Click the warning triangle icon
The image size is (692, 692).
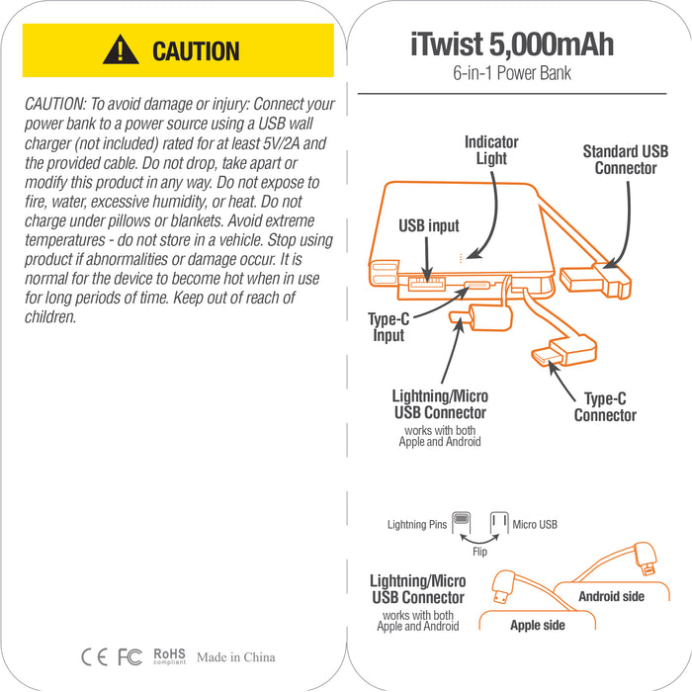click(121, 49)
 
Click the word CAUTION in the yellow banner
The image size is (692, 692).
click(196, 51)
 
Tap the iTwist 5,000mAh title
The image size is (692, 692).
click(512, 44)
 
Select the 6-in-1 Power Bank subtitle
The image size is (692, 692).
click(512, 73)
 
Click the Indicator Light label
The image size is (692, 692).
click(491, 150)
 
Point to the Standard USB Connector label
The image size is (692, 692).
click(625, 160)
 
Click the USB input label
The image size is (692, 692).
click(428, 226)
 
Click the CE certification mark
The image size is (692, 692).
click(94, 656)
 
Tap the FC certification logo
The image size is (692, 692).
click(130, 656)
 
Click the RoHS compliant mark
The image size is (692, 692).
click(169, 656)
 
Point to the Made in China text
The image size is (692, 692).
click(235, 657)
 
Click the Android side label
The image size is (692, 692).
click(611, 596)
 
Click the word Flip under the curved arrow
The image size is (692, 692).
click(479, 552)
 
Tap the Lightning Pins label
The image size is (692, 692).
click(416, 524)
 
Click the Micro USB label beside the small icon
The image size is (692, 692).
click(534, 524)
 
